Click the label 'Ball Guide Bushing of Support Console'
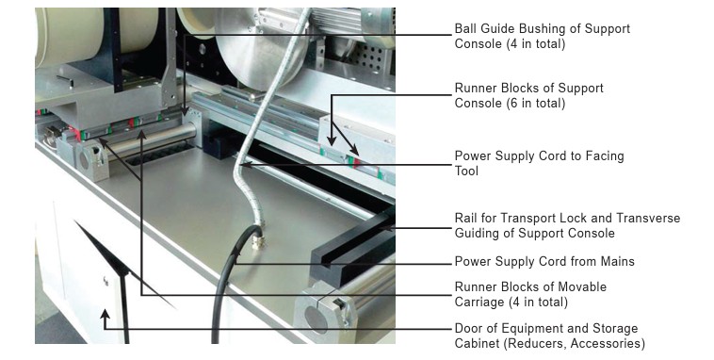[542, 36]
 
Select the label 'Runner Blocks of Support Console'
[528, 95]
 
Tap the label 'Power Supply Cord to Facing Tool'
[539, 163]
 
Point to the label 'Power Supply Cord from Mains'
[544, 261]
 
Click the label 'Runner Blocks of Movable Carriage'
[530, 294]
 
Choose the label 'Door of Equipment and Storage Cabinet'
[549, 335]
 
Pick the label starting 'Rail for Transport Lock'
[567, 225]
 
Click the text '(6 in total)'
[535, 103]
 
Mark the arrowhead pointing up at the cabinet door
[105, 314]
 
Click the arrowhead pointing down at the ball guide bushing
[185, 111]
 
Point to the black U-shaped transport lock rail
[353, 249]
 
